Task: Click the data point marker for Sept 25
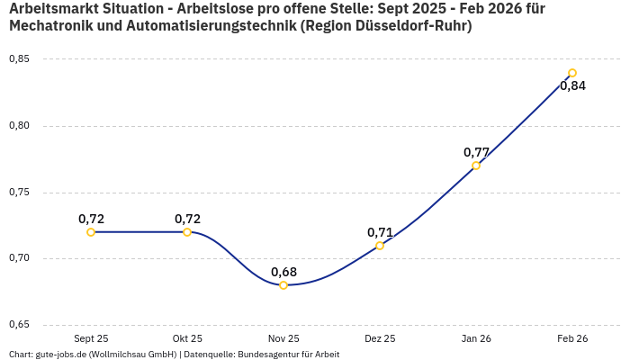(x=91, y=232)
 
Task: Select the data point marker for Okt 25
(x=187, y=232)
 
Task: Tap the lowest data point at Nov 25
(x=283, y=285)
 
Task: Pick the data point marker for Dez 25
(x=380, y=246)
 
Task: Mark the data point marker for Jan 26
(x=476, y=166)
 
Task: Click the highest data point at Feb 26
(x=572, y=73)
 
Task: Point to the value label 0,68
(x=283, y=272)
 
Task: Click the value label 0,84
(x=572, y=86)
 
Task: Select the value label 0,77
(x=476, y=152)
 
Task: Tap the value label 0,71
(x=380, y=232)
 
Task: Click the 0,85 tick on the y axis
(x=20, y=59)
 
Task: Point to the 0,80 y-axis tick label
(x=20, y=126)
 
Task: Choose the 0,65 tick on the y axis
(x=20, y=325)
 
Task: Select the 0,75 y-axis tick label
(x=20, y=193)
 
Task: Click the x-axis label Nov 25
(x=283, y=338)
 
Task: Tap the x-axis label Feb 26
(x=572, y=338)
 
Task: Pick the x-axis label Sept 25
(x=91, y=338)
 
